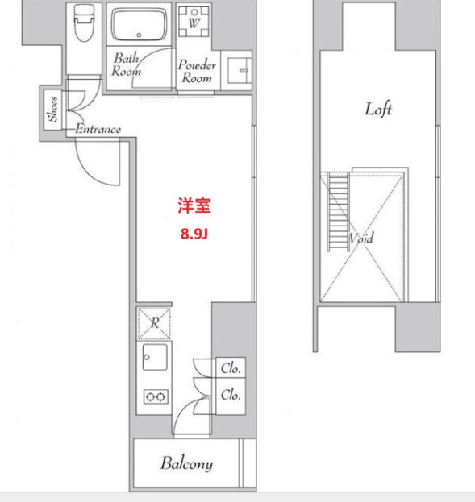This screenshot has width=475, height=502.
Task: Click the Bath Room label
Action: point(127,64)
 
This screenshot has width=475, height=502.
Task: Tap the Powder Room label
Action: point(196,72)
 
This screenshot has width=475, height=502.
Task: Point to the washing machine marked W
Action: point(194,23)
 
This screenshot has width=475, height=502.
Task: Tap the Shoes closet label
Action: point(52,109)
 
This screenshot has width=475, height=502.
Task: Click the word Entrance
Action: point(98,129)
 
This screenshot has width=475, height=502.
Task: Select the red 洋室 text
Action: point(194,206)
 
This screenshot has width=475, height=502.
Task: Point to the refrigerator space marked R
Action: point(154,322)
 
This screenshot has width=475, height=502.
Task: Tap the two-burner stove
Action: point(154,396)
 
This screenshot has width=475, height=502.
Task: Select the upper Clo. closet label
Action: point(231,369)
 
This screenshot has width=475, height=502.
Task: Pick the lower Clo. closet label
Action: point(231,395)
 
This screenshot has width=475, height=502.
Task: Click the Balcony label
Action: point(186,463)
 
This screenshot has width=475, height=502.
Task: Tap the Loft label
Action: point(378,109)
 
